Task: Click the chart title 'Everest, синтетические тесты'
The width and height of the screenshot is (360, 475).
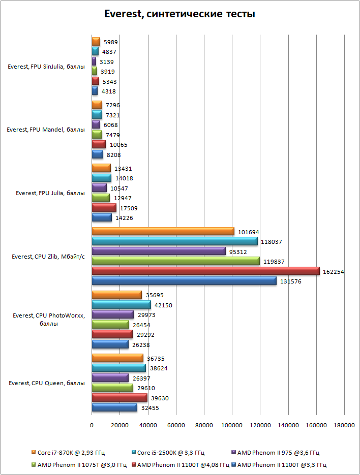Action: pyautogui.click(x=179, y=14)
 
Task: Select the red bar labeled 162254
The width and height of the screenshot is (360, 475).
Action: pyautogui.click(x=205, y=271)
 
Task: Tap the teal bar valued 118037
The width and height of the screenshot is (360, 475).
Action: pyautogui.click(x=174, y=241)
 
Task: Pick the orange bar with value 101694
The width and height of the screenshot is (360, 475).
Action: pyautogui.click(x=163, y=232)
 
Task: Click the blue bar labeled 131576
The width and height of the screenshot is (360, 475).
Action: pyautogui.click(x=184, y=281)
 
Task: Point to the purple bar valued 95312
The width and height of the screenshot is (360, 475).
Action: pyautogui.click(x=158, y=251)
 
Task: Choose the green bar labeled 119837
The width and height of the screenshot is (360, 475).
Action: pyautogui.click(x=175, y=261)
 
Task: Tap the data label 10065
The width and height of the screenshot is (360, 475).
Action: pyautogui.click(x=119, y=145)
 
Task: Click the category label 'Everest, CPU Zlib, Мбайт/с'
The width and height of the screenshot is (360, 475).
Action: pyautogui.click(x=48, y=257)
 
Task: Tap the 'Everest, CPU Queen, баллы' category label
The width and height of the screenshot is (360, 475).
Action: pyautogui.click(x=47, y=383)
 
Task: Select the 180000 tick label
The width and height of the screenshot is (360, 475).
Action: pyautogui.click(x=344, y=426)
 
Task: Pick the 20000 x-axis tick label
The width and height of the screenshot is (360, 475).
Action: pyautogui.click(x=120, y=426)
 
